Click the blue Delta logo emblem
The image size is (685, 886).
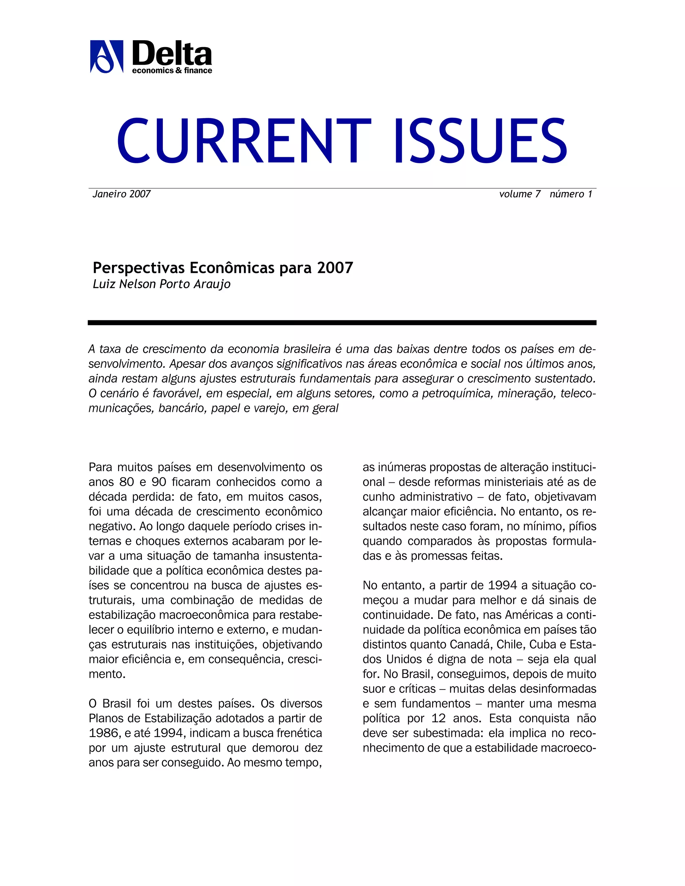[x=106, y=57]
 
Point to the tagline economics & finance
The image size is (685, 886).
[x=172, y=71]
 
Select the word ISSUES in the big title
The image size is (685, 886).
[x=480, y=140]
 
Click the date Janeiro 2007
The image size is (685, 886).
[x=122, y=194]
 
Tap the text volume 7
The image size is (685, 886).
[x=519, y=194]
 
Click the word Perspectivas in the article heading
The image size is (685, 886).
[x=139, y=268]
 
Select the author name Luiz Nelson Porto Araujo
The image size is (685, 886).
[x=162, y=284]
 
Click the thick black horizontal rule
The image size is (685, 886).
[x=342, y=323]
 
